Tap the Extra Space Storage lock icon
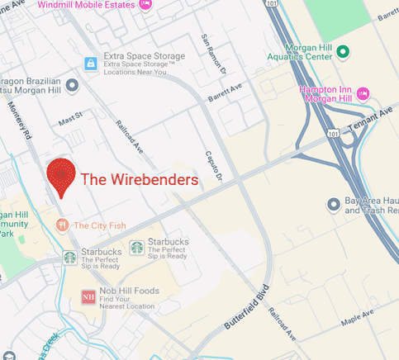tap(90, 63)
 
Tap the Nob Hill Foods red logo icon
tap(88, 297)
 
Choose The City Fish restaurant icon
tap(61, 225)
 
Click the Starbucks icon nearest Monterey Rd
tap(70, 256)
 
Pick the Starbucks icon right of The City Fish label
tap(136, 248)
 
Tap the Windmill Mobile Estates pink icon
tap(146, 4)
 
